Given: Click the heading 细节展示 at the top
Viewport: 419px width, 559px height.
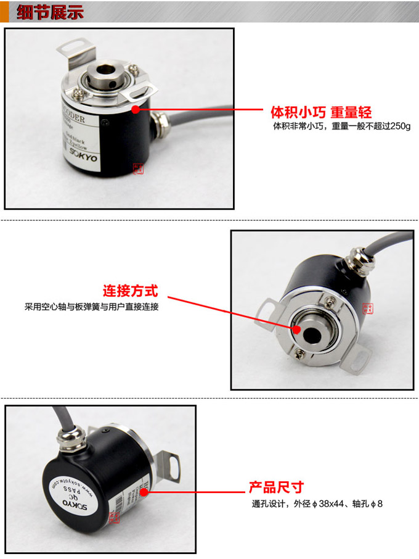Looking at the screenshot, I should coord(49,12).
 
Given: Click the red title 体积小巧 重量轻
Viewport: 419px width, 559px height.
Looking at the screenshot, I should coord(321,113).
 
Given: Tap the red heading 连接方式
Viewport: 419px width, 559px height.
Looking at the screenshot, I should coord(130,291).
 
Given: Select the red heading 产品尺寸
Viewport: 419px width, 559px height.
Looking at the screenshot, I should coord(276,487).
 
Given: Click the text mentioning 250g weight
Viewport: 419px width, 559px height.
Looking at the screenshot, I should coord(341,126).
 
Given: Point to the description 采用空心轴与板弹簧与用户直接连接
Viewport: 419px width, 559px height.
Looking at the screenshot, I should coord(91,306).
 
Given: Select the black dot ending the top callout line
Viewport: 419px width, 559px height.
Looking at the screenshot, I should coord(134,109).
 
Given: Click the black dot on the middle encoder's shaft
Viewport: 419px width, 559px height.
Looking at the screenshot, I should coord(298,329).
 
